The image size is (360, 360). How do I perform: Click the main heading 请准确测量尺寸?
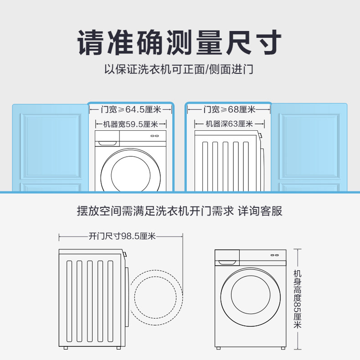pos(180,42)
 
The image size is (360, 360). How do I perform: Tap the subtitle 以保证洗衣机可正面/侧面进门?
pos(180,70)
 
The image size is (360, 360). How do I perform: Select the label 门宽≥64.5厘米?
pos(131,109)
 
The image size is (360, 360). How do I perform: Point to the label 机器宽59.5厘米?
pos(131,124)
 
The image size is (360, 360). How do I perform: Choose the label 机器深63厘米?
pos(229,124)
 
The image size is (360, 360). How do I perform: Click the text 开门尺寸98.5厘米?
pos(122,236)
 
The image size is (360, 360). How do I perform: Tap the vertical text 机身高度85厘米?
pos(298,299)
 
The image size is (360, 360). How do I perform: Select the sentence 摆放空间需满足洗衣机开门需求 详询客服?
pos(180,211)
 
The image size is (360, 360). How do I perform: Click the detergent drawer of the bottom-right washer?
pos(227,262)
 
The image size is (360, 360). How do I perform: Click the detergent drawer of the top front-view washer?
pos(106,142)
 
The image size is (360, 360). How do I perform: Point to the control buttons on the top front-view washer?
pos(154,135)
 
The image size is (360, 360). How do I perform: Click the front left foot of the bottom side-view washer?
pos(67,348)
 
